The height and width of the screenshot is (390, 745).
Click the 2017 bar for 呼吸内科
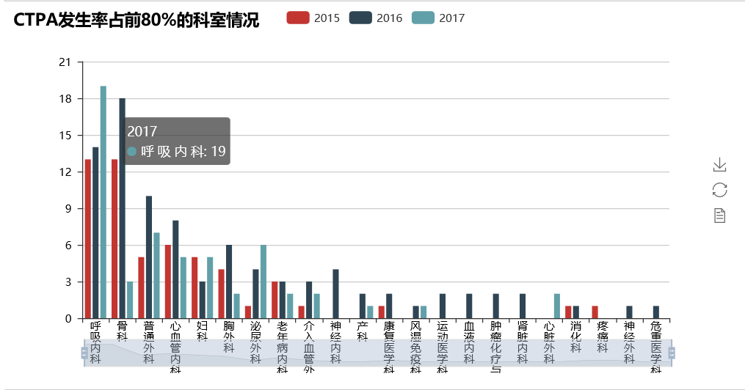tap(103, 202)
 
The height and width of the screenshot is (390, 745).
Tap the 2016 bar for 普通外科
tap(149, 257)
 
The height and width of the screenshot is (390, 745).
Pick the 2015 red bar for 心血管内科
tap(168, 282)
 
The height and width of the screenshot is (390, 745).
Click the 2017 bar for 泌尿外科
tap(264, 282)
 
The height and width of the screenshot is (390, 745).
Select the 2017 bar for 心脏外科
tap(557, 306)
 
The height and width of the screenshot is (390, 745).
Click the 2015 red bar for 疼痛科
tap(595, 312)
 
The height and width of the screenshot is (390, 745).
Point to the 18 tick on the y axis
tap(67, 99)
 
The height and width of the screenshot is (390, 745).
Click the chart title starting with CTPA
tap(137, 21)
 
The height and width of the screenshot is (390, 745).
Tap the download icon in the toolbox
tap(719, 165)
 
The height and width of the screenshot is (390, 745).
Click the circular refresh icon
tap(719, 190)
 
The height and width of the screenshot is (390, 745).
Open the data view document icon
tap(719, 216)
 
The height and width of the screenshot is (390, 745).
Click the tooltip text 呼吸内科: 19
tap(183, 152)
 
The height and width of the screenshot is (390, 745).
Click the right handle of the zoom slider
tap(671, 353)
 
